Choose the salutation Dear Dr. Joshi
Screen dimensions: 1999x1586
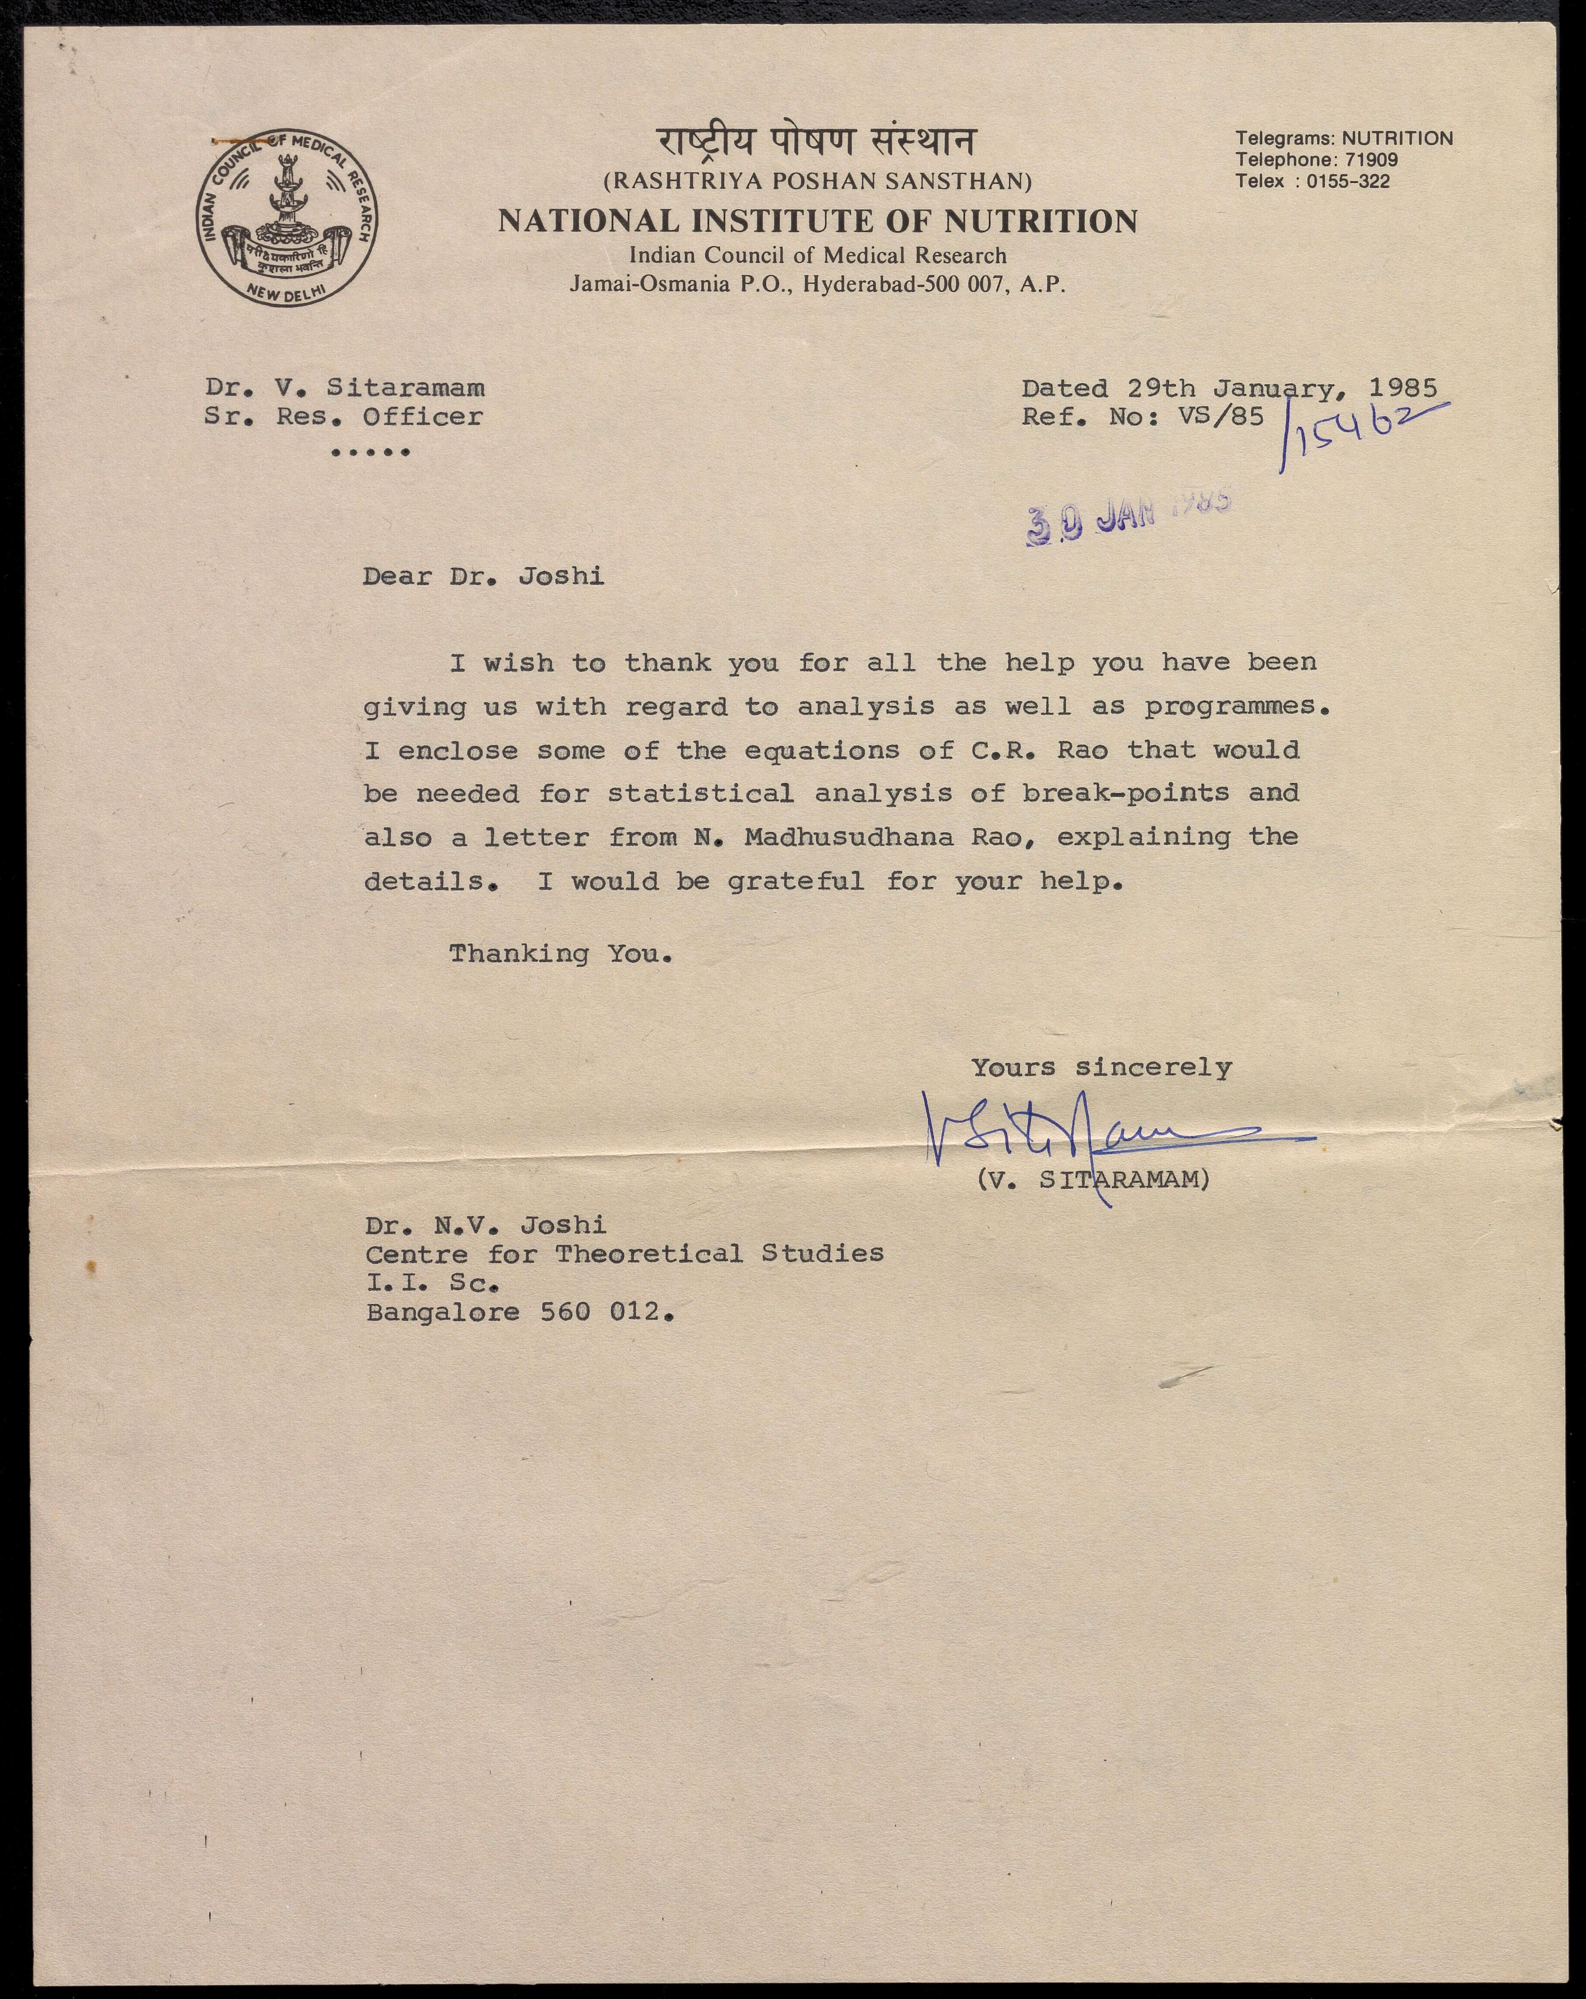(x=483, y=577)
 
